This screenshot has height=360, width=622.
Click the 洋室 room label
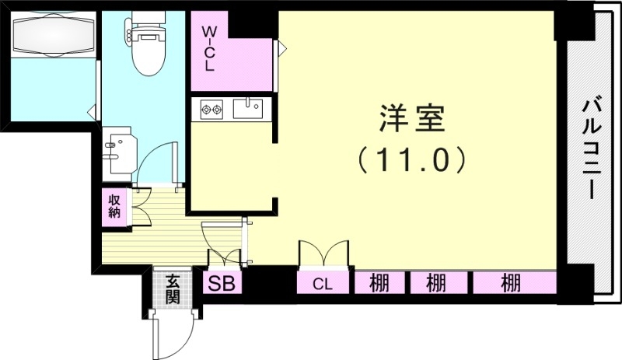(x=412, y=118)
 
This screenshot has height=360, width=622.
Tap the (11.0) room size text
(x=411, y=159)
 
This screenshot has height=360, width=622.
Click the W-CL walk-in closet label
(x=209, y=49)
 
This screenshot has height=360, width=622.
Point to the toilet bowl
(x=149, y=51)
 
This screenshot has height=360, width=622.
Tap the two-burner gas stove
(x=211, y=109)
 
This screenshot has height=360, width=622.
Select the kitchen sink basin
(x=248, y=108)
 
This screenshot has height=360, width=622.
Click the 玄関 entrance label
(x=172, y=288)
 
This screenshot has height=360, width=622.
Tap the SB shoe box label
(x=222, y=283)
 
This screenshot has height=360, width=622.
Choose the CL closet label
(x=322, y=284)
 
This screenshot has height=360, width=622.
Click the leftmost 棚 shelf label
(x=379, y=283)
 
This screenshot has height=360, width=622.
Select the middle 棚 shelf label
(x=435, y=283)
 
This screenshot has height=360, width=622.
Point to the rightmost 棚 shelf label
(x=511, y=283)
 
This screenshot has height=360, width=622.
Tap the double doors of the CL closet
(x=324, y=253)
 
